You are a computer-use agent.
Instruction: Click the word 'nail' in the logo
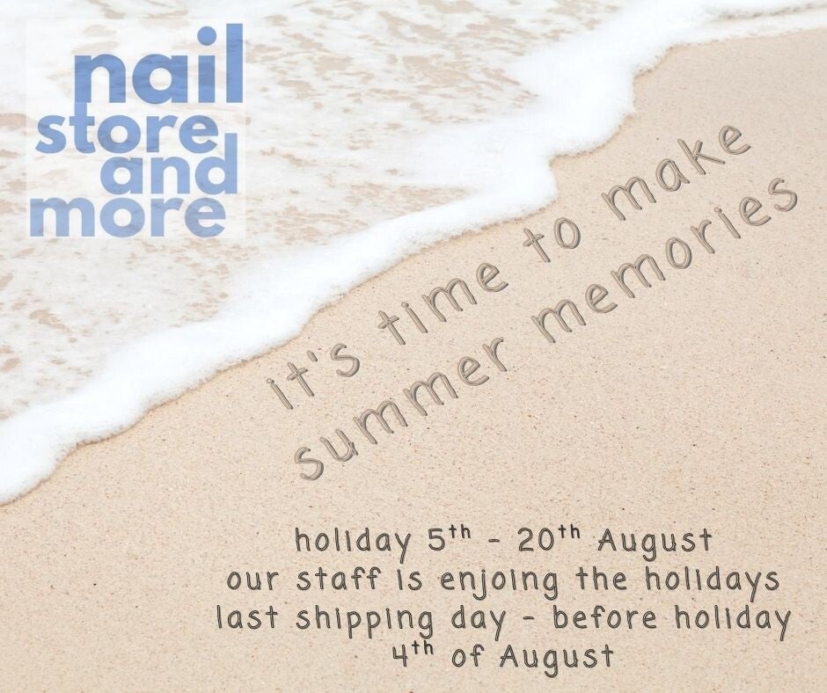(157, 64)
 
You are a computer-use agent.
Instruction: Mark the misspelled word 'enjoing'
(499, 582)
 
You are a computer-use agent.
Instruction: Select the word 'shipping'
(364, 621)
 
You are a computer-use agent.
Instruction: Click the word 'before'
(604, 617)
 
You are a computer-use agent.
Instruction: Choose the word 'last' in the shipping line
(247, 617)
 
